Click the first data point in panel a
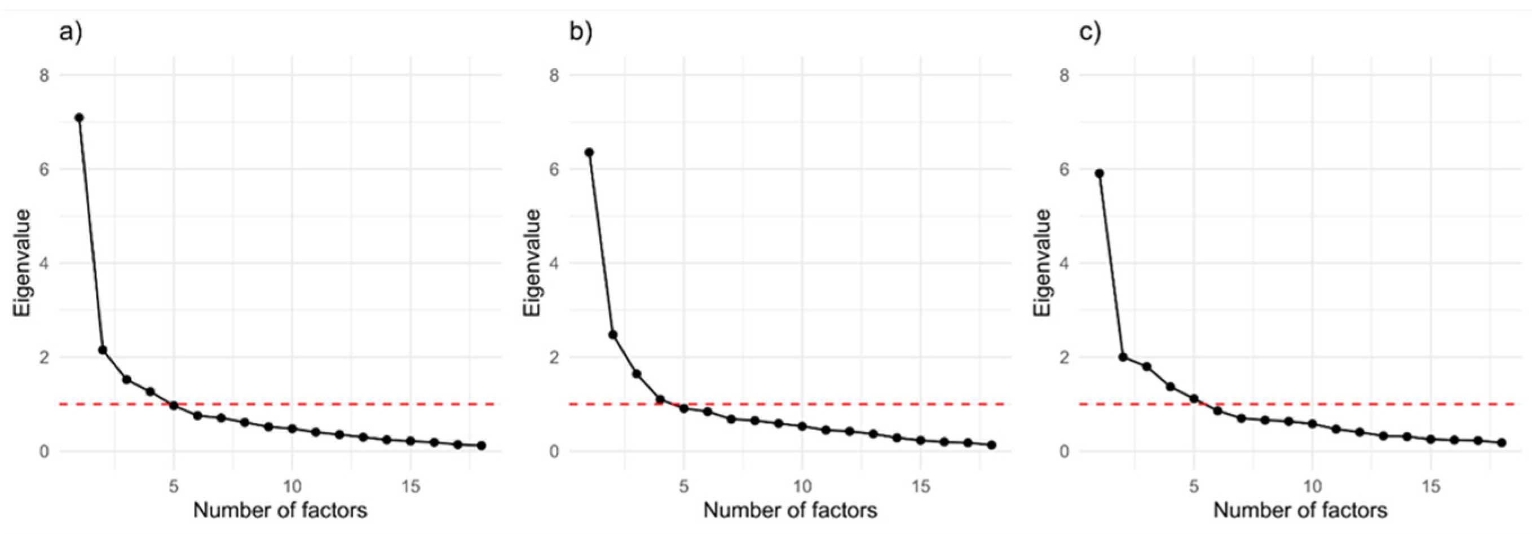click(79, 118)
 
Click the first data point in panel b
click(589, 153)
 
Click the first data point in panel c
click(1099, 173)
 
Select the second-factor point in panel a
click(102, 350)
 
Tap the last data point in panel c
click(1501, 443)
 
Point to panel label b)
click(580, 32)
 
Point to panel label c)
click(1090, 32)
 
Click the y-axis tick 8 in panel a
click(44, 76)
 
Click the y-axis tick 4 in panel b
click(554, 263)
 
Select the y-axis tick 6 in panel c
click(1064, 170)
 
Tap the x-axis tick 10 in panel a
click(292, 487)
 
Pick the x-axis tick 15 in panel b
click(920, 487)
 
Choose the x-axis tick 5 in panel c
click(1194, 487)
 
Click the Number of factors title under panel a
click(280, 510)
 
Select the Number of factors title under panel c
click(1300, 510)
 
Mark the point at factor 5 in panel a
click(174, 405)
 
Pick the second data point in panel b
click(612, 335)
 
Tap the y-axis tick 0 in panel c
click(1064, 451)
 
